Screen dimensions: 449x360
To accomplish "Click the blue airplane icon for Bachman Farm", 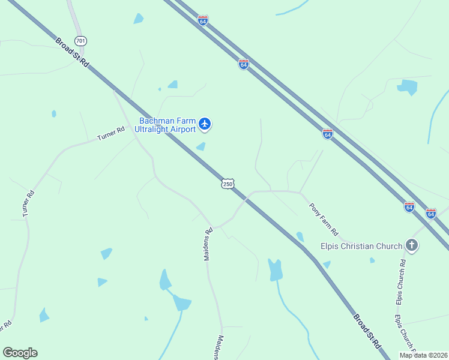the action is pos(205,124).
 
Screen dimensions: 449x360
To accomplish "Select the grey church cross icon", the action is pos(412,245).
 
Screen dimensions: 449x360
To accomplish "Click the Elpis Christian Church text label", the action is pos(361,246).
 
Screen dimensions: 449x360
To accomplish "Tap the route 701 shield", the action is pos(81,41).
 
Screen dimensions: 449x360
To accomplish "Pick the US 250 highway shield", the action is pos(227,184).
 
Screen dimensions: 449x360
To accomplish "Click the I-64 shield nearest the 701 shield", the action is pos(203,20).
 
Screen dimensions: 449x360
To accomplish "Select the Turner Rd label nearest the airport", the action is pos(111,133).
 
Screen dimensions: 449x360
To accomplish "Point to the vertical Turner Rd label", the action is pos(28,204).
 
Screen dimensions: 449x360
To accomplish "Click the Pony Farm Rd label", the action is pos(324,219).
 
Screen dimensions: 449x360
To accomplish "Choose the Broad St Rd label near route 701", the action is pos(72,53).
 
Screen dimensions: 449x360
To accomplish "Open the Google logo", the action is pos(20,353).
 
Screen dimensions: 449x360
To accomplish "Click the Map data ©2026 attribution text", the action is pos(423,355).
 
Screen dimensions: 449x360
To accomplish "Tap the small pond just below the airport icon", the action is pos(200,146).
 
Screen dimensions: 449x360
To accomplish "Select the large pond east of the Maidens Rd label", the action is pos(275,269).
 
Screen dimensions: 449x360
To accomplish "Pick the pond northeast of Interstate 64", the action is pos(408,87).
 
